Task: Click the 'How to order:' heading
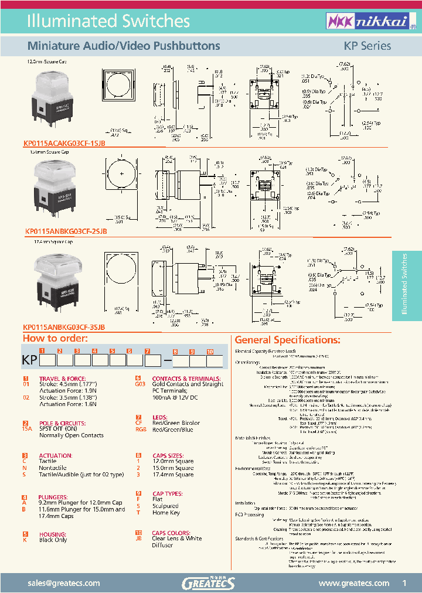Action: pos(55,339)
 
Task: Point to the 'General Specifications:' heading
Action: pos(287,340)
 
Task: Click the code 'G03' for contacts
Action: pos(140,384)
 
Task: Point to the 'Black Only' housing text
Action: pos(53,540)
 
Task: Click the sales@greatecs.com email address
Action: pos(68,583)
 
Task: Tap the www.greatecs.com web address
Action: pos(353,583)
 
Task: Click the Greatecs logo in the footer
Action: pos(210,582)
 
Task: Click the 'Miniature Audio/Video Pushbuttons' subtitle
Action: pos(124,46)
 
